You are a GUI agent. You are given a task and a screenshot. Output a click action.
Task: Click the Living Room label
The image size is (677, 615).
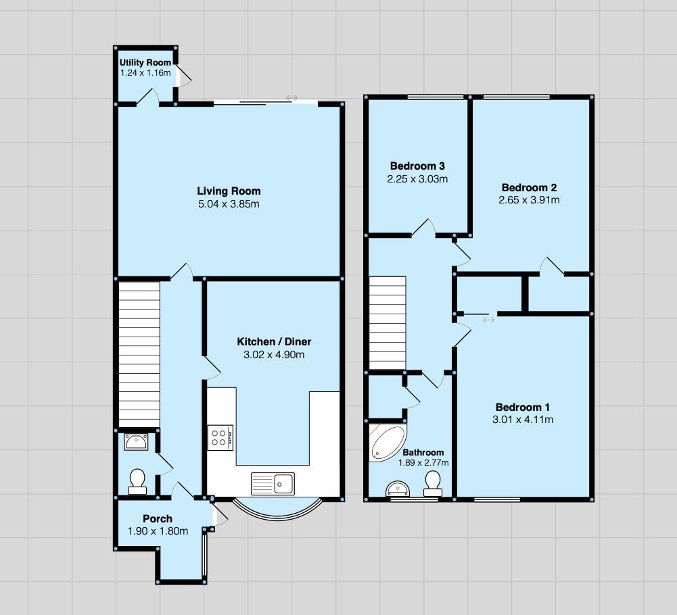229,191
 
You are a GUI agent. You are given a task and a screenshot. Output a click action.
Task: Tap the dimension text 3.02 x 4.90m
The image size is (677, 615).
274,355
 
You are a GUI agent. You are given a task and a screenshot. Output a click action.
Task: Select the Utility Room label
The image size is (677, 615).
145,63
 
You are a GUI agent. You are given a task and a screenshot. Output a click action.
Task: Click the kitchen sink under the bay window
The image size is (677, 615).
273,483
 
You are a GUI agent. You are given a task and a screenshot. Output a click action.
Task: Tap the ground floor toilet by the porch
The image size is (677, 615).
138,481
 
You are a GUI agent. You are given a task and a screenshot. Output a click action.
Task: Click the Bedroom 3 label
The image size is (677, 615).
417,166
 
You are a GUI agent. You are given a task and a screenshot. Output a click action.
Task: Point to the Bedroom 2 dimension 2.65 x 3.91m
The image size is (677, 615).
529,200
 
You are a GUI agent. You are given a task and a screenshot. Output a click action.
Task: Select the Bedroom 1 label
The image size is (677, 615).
523,407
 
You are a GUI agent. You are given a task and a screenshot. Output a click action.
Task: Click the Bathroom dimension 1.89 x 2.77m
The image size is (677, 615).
423,463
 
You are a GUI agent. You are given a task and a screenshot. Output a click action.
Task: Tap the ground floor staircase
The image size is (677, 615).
139,355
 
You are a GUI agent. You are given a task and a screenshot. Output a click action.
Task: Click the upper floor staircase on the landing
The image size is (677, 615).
387,323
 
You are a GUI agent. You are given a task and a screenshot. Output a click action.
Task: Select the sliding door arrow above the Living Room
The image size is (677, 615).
291,98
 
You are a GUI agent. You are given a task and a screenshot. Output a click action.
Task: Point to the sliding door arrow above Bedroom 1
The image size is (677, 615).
489,320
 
